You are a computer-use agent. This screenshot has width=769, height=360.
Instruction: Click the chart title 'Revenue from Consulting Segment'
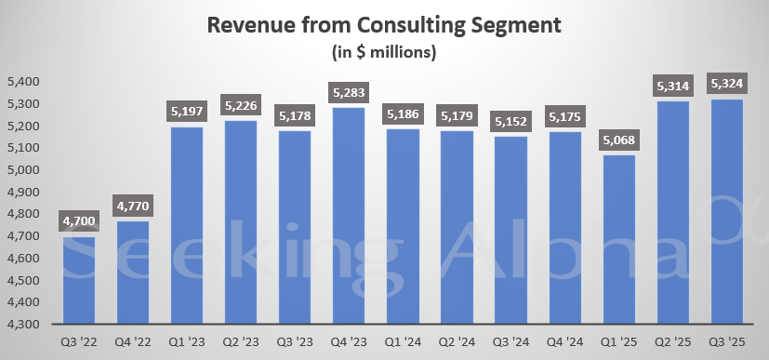coord(384,25)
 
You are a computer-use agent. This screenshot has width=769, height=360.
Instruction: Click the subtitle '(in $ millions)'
coord(384,52)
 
